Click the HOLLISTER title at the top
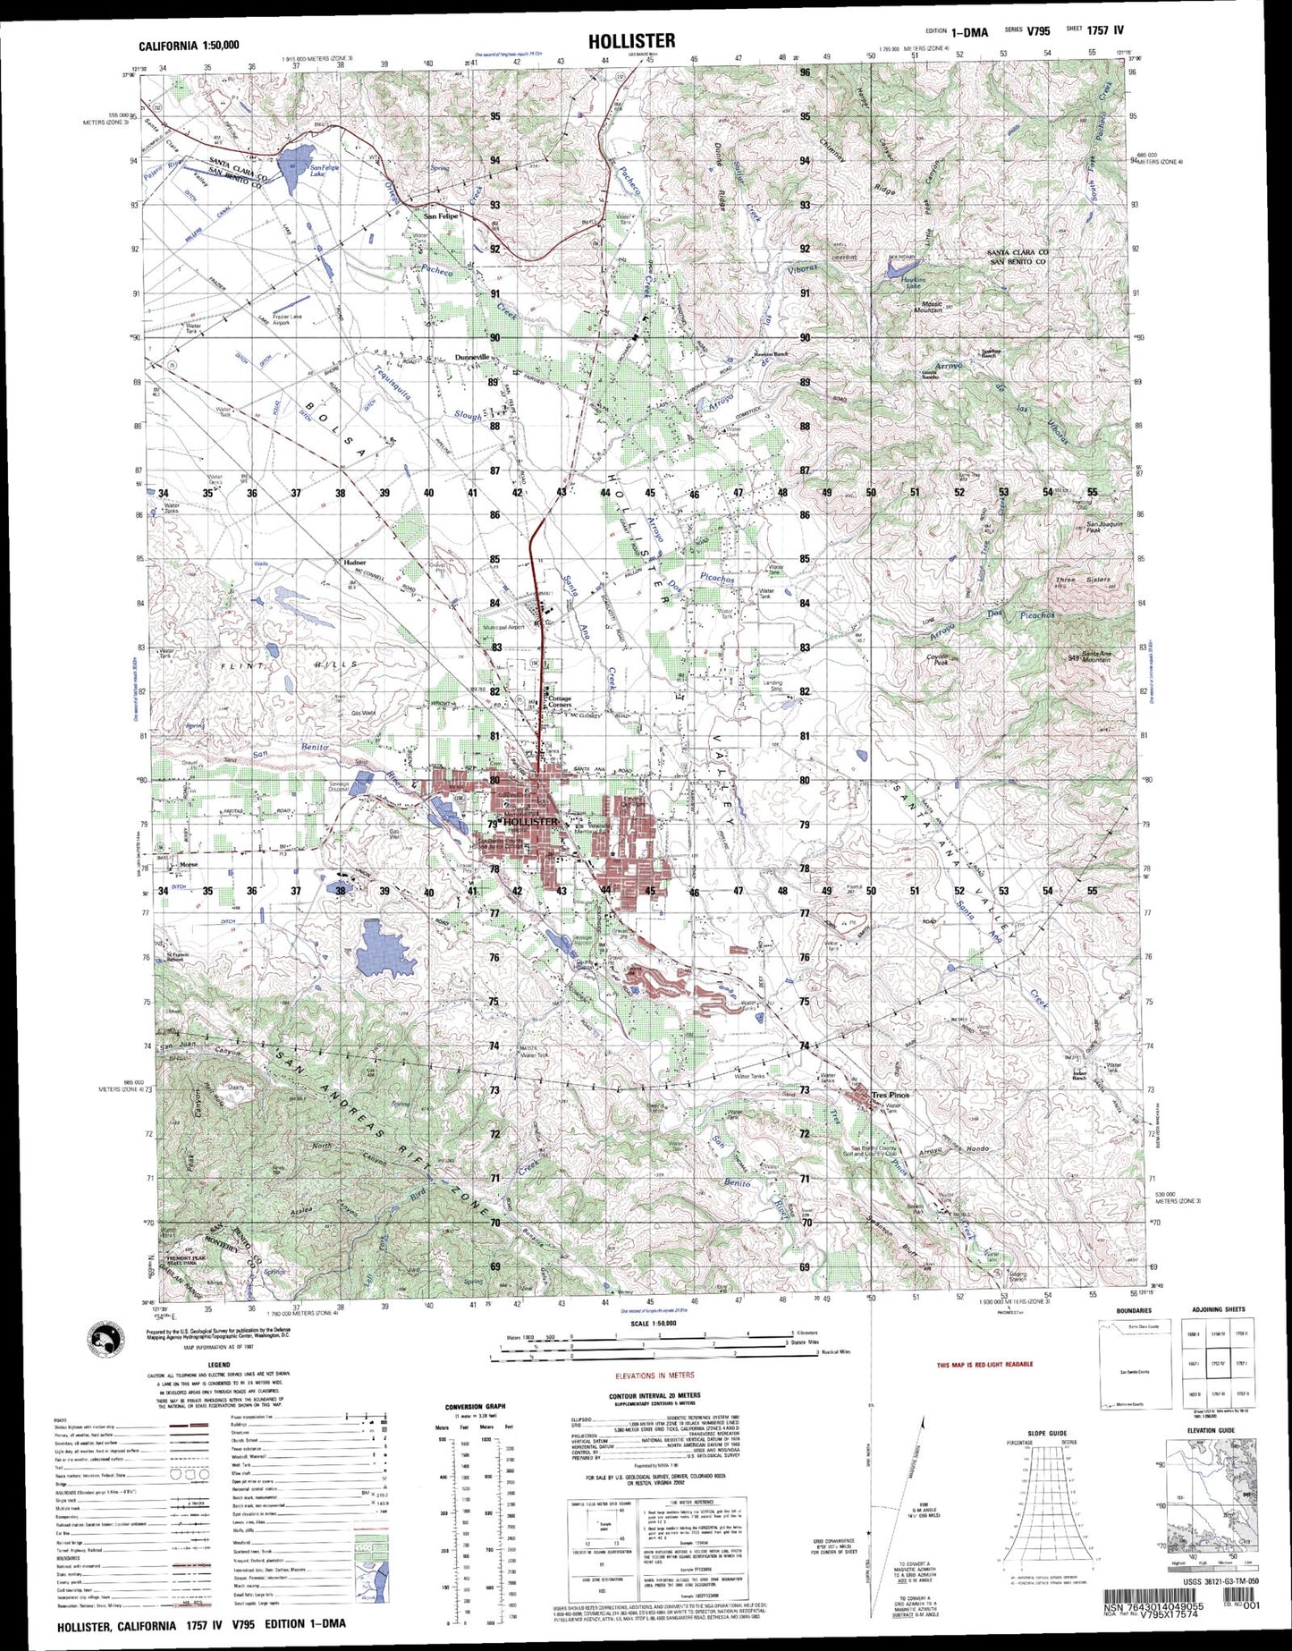pos(631,41)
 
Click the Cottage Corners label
pos(560,701)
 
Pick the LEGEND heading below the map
pos(218,1365)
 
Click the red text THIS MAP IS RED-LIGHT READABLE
pos(984,1365)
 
